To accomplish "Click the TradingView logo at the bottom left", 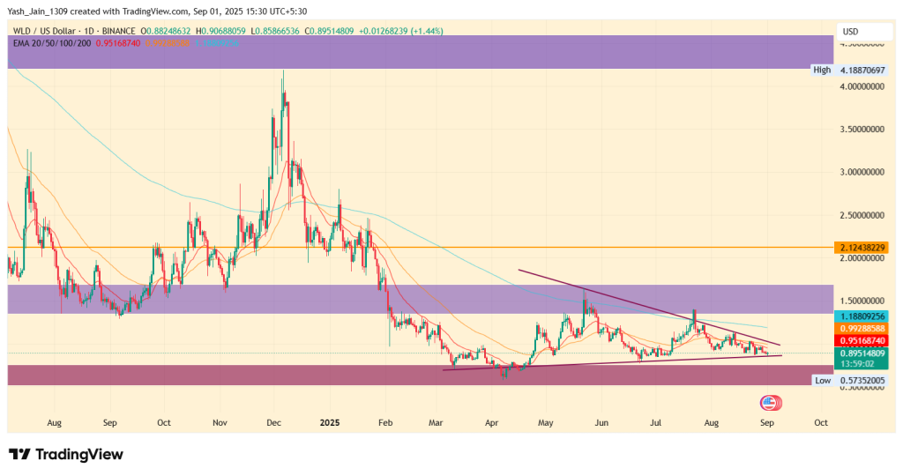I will click(x=66, y=455).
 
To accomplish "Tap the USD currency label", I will click(x=851, y=32).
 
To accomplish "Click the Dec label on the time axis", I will click(x=272, y=422).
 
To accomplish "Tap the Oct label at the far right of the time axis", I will click(x=821, y=422).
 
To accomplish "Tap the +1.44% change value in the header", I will click(x=428, y=31).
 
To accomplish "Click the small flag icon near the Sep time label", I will click(x=770, y=402).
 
